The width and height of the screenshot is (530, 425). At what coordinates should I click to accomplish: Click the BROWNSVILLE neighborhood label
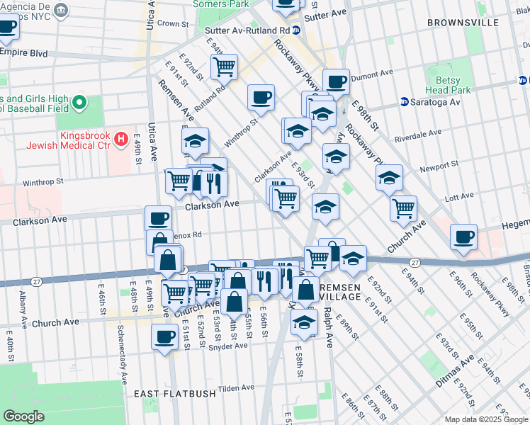click(x=464, y=23)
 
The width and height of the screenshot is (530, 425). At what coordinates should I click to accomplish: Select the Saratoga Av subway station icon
click(x=405, y=102)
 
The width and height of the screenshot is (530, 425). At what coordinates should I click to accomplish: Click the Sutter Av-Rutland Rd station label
click(x=247, y=31)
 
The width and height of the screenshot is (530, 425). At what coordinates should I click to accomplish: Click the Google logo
click(x=23, y=416)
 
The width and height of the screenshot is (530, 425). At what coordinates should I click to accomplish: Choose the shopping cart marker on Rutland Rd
click(x=224, y=67)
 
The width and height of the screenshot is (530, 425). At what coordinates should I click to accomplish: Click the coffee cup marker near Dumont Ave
click(x=336, y=81)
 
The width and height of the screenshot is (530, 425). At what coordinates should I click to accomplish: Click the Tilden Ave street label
click(x=237, y=388)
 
